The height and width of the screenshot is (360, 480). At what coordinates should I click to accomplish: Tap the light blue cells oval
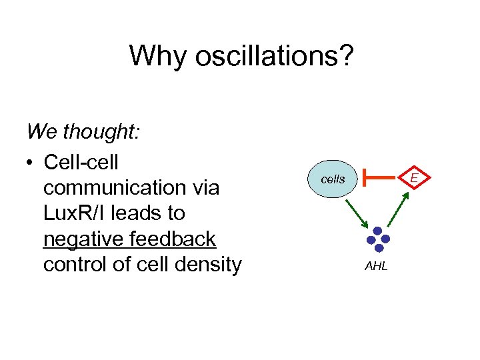coord(333,179)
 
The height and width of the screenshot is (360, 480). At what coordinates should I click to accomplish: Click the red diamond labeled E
coord(414,178)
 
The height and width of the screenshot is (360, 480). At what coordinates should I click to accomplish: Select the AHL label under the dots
coord(376,267)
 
